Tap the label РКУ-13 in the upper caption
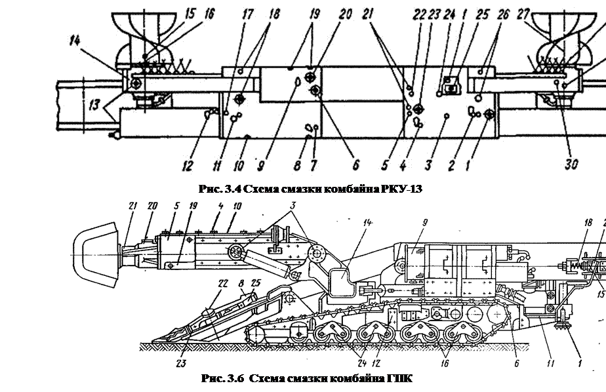(x=395, y=189)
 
